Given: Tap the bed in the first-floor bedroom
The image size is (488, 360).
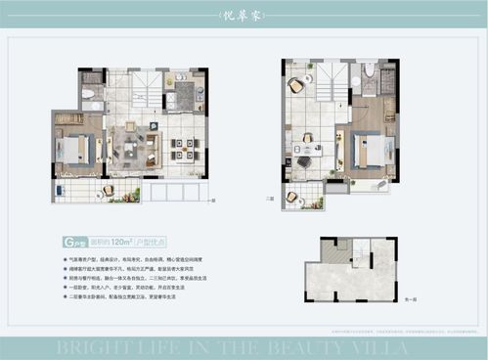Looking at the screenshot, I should coord(72,149).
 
